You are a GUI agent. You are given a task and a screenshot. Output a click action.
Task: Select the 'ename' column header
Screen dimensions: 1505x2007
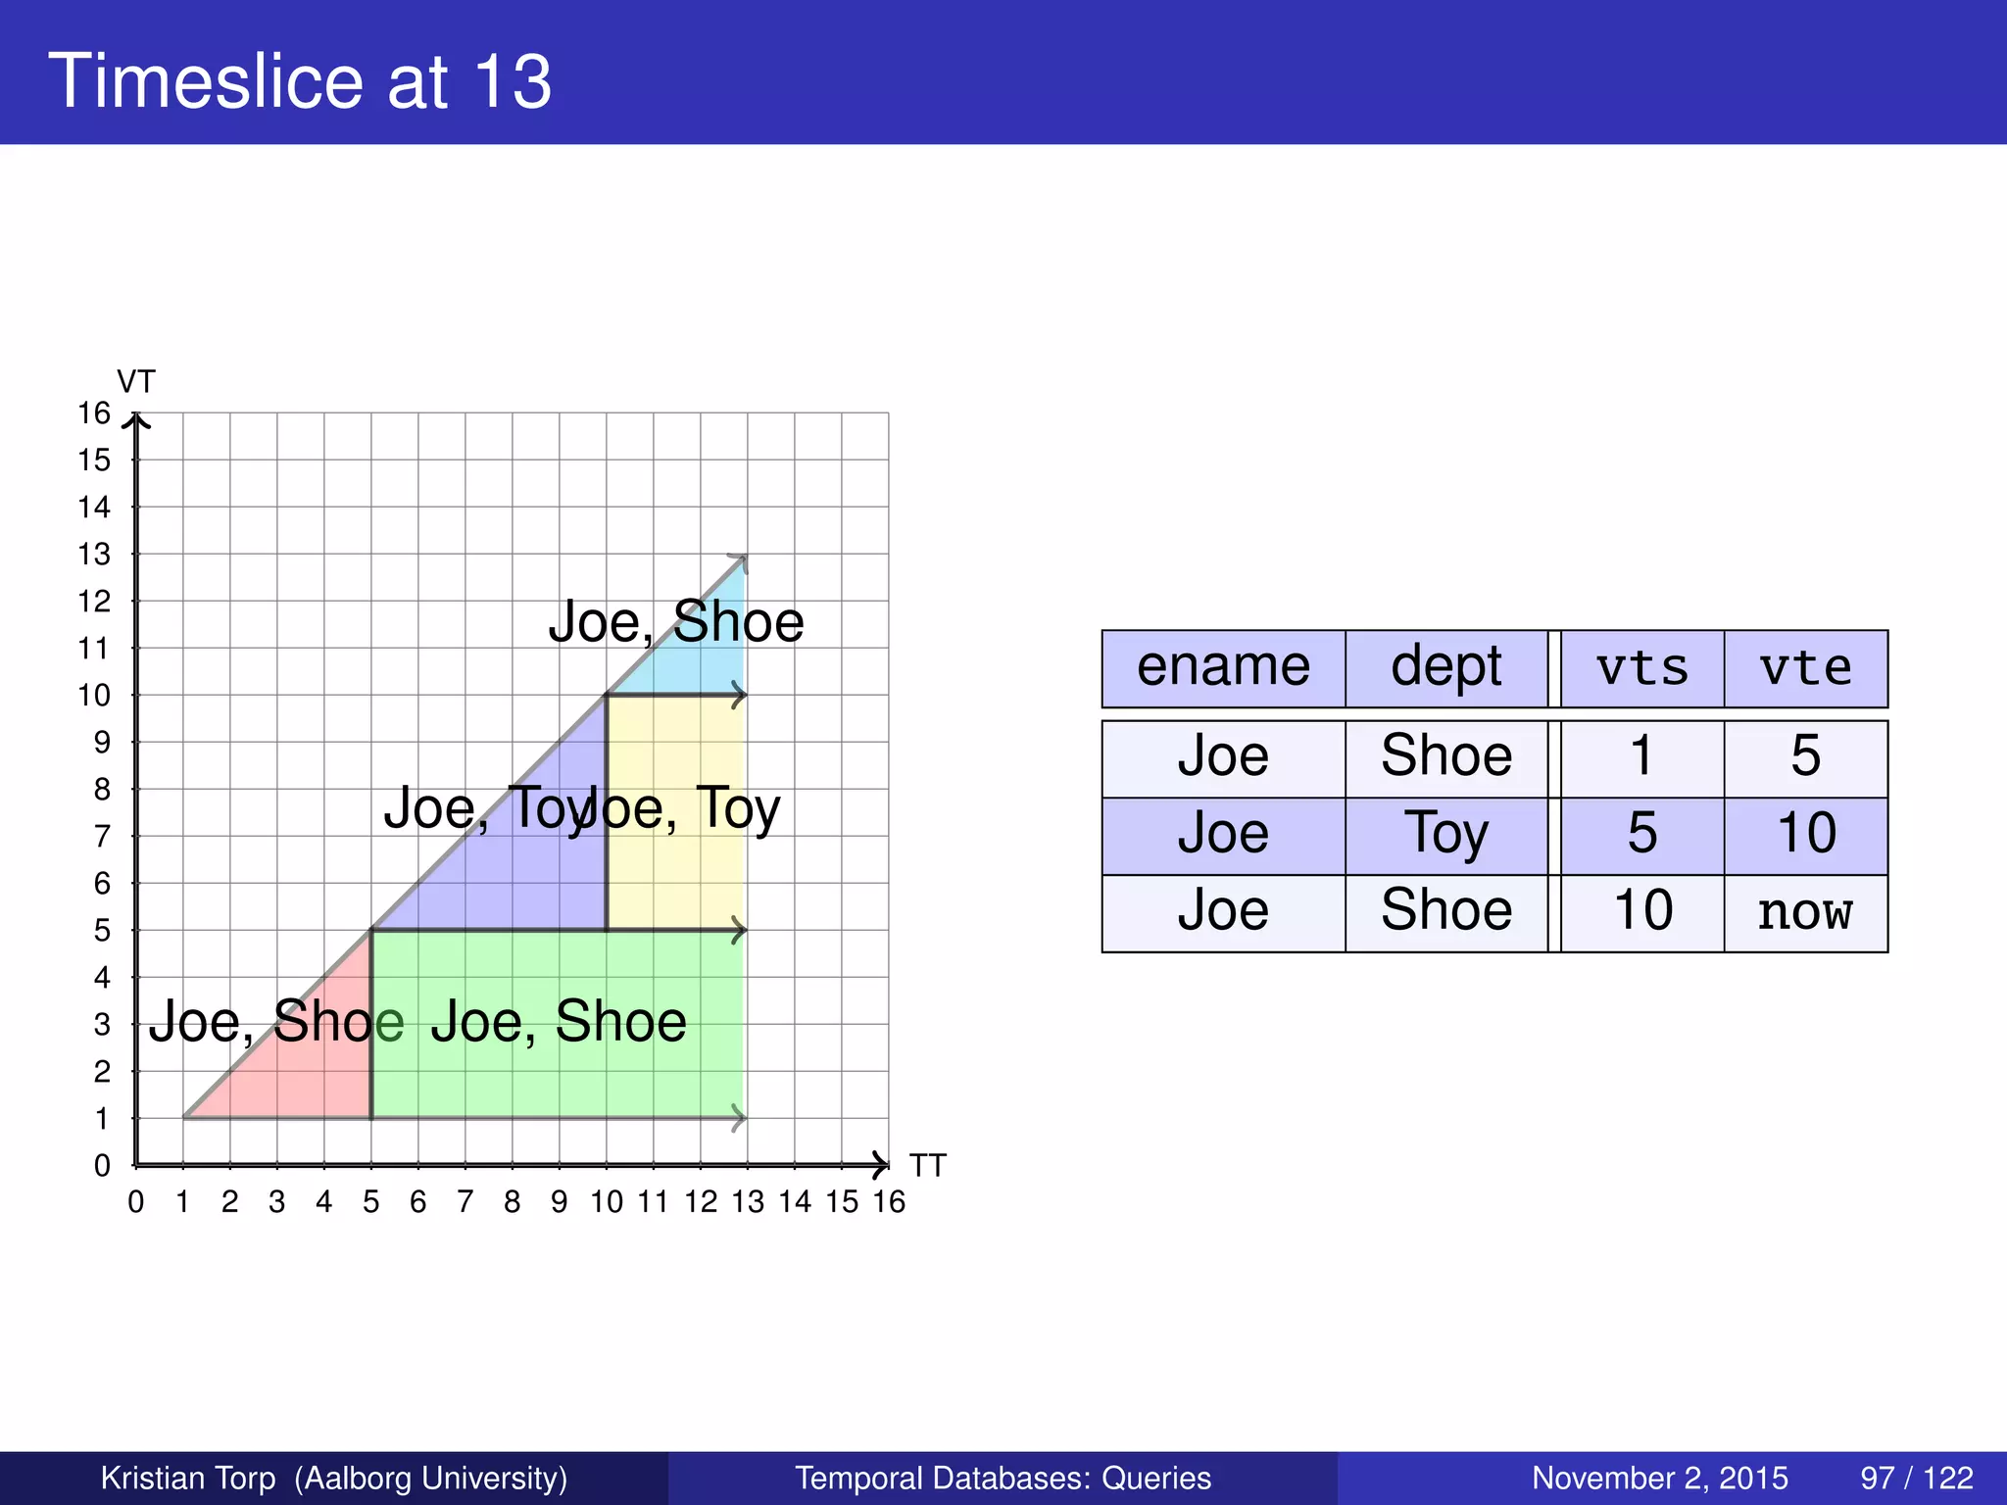[x=1223, y=668]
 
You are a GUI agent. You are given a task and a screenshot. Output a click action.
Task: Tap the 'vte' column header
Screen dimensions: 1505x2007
[x=1805, y=668]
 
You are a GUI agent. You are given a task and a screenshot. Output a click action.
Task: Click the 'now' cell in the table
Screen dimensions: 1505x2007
[x=1805, y=912]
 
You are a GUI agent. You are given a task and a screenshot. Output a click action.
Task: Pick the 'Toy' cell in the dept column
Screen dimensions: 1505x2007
[x=1445, y=835]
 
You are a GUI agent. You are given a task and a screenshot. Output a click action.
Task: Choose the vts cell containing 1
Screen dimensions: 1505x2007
[x=1641, y=757]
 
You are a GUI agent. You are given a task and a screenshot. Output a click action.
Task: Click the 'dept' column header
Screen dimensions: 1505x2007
[x=1445, y=668]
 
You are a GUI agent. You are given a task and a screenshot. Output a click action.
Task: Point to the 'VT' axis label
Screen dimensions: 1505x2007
[x=136, y=381]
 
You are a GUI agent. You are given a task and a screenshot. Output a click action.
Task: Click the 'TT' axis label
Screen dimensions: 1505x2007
[x=927, y=1165]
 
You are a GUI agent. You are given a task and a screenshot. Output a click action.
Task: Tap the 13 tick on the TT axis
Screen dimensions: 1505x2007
[x=747, y=1201]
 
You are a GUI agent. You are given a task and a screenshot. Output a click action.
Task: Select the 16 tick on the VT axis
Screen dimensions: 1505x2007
[x=94, y=413]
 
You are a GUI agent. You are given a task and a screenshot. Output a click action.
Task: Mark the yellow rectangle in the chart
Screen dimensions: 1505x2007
[x=676, y=872]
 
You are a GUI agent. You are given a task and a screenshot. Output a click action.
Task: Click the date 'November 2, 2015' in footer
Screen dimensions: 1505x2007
[x=1659, y=1478]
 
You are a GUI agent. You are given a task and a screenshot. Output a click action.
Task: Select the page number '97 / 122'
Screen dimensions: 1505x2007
[x=1916, y=1478]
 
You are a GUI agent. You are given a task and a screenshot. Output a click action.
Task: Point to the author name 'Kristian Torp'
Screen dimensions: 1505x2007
[x=188, y=1478]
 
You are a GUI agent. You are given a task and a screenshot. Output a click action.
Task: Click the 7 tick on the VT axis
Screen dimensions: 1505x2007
[x=102, y=837]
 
